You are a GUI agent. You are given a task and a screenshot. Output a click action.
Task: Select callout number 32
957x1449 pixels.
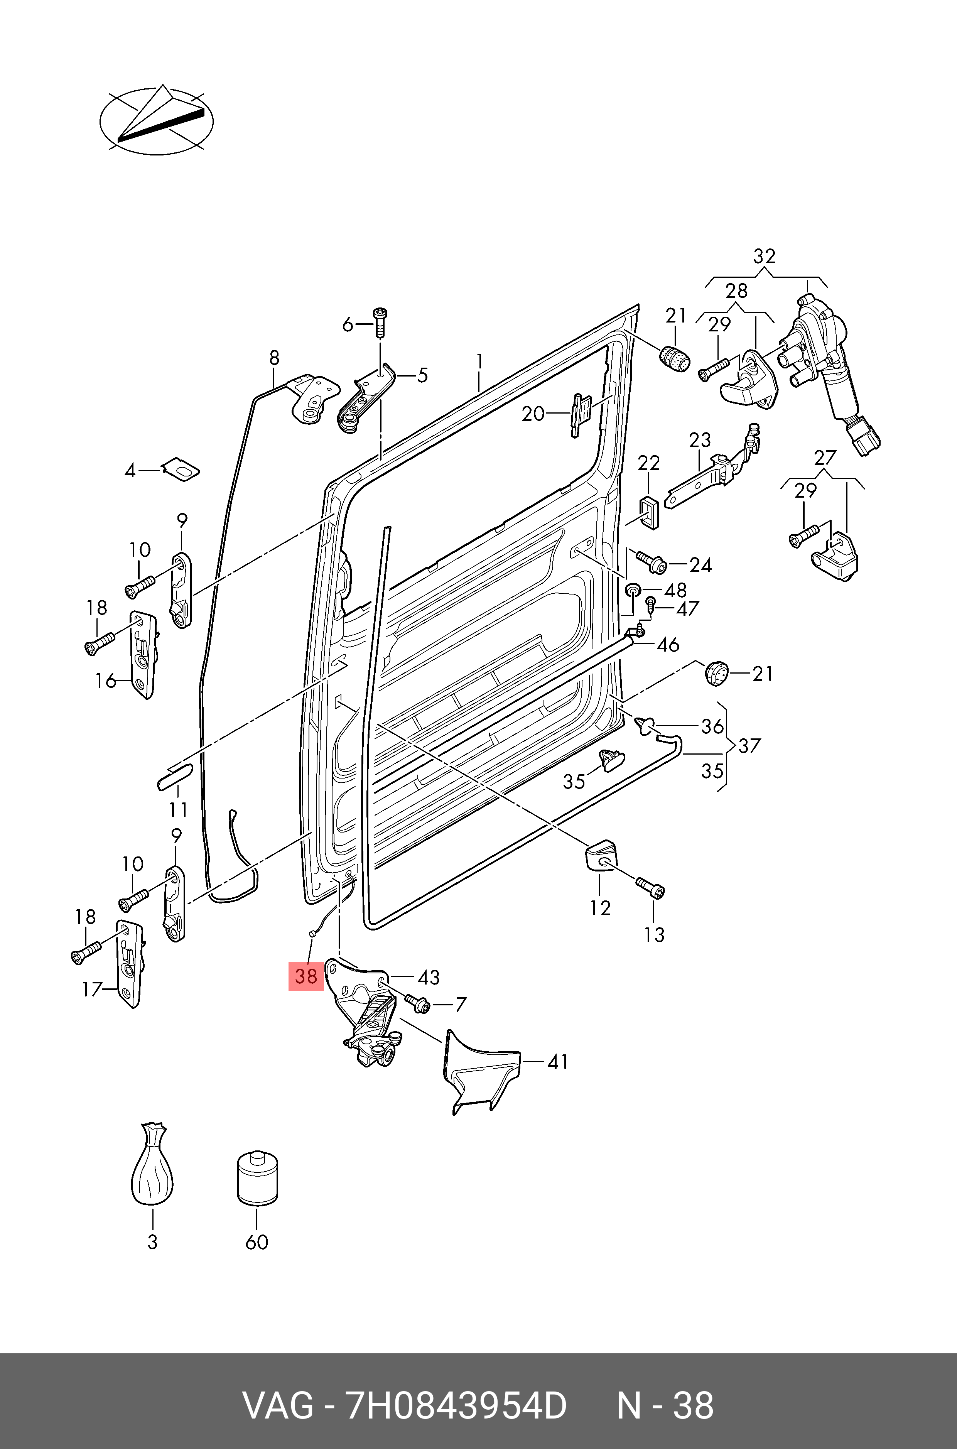coord(764,256)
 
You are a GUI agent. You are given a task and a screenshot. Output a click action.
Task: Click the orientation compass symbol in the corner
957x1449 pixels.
coord(157,120)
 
